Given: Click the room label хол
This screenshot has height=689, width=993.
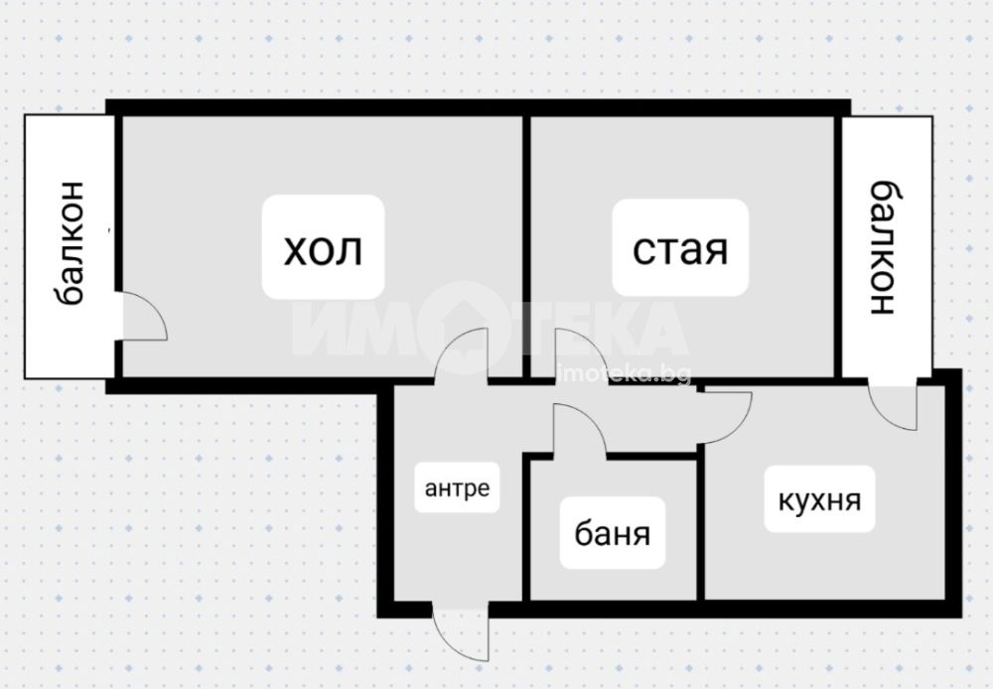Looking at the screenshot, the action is point(323,249).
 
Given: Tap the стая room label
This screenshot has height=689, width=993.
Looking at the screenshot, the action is point(680,249).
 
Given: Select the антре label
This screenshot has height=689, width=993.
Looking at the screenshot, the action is point(457,488).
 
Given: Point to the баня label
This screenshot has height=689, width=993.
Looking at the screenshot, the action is point(612,533).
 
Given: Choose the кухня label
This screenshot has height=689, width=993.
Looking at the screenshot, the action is point(819,500).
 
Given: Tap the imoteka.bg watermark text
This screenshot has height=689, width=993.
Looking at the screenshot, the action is point(624,374).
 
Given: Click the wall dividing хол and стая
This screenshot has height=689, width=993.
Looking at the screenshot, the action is point(526,247).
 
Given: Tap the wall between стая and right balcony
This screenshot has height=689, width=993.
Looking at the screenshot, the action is point(838,247).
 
